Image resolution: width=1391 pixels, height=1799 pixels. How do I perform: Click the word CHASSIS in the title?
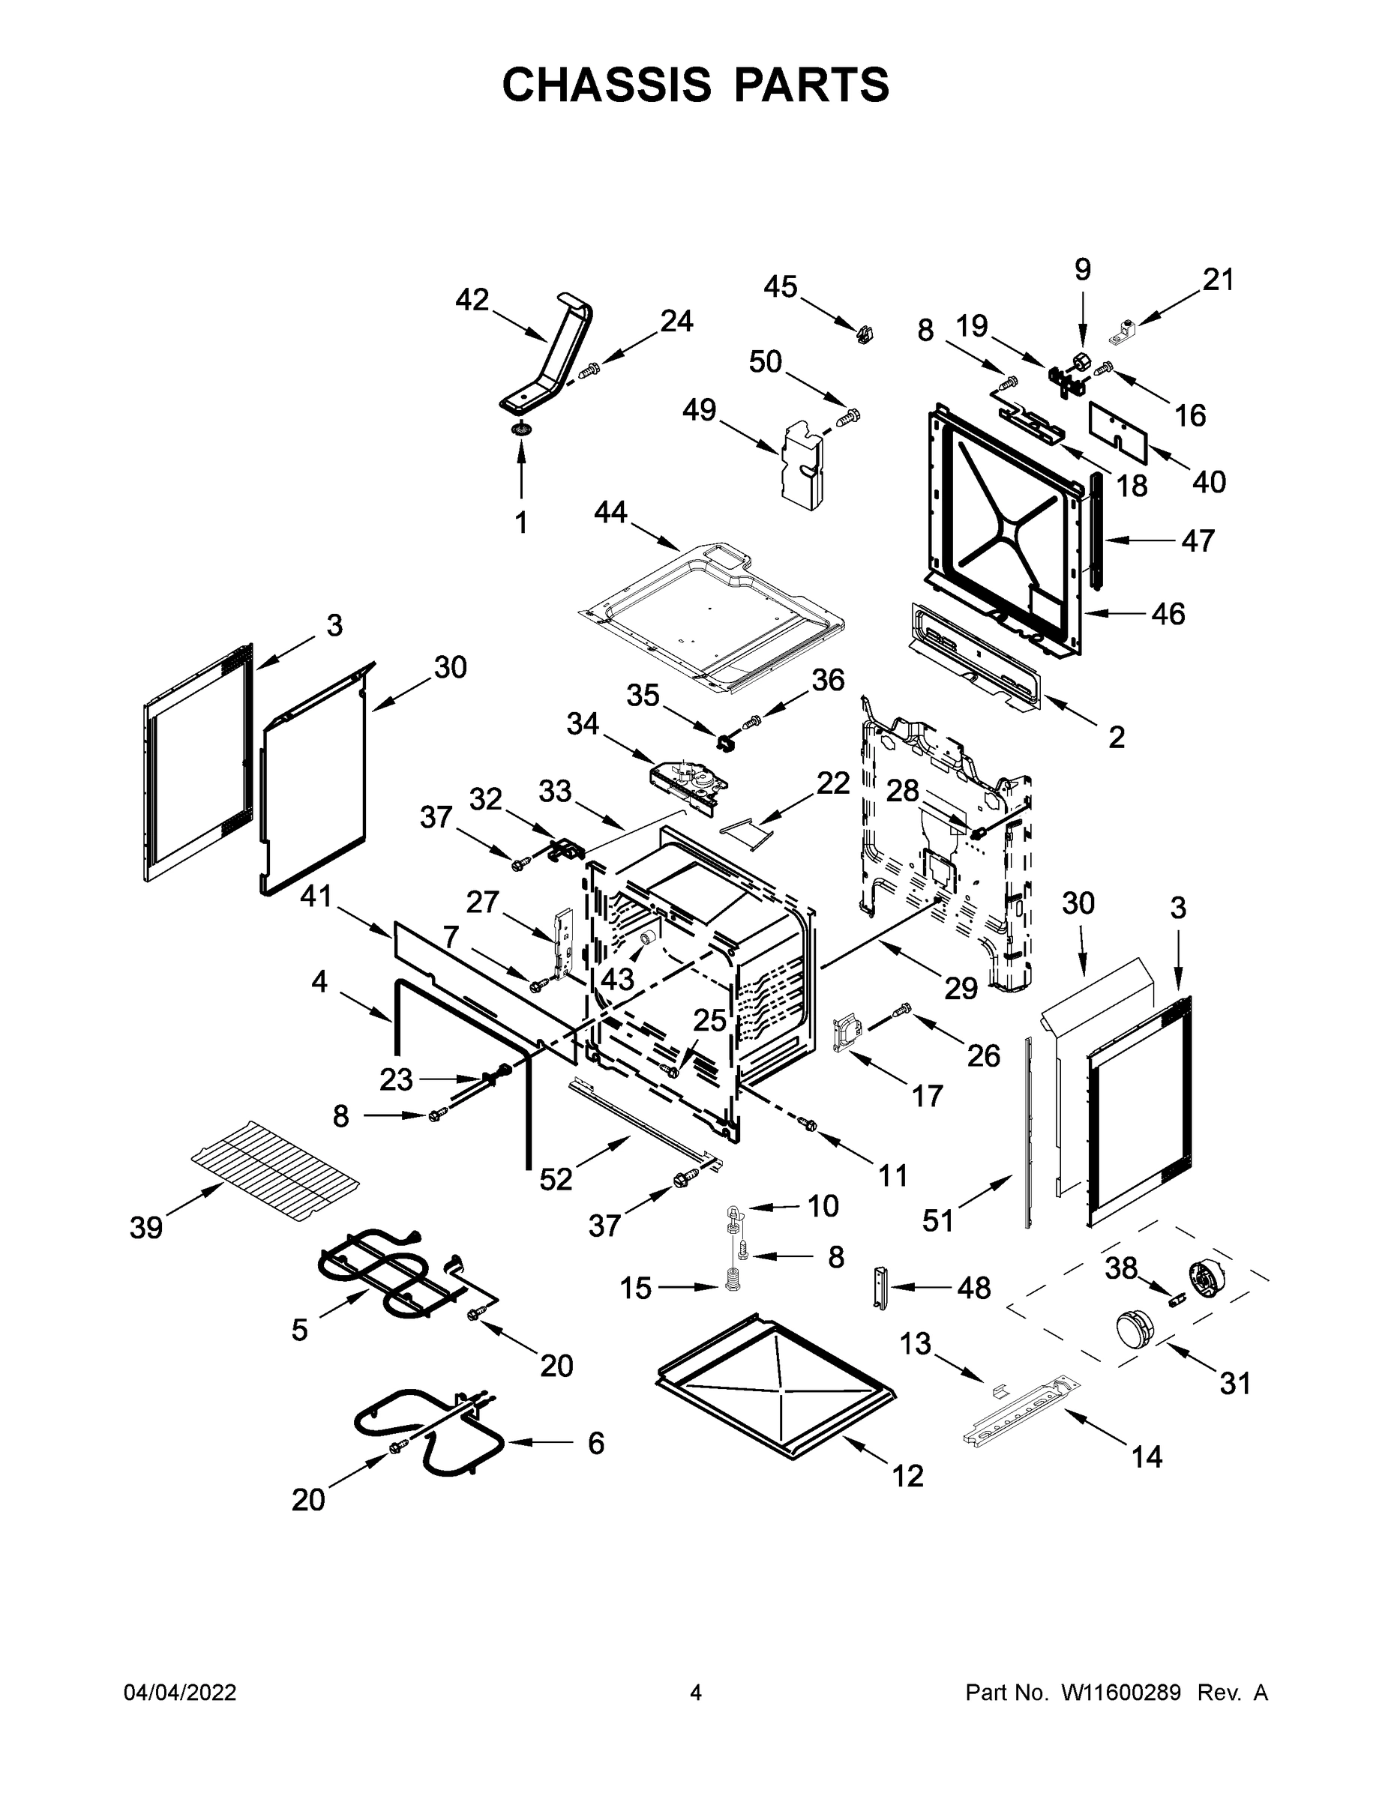607,85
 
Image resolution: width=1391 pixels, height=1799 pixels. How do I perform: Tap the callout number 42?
472,300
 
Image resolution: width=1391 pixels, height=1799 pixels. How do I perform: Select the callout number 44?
610,513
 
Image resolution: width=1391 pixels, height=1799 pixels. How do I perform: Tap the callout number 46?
1168,614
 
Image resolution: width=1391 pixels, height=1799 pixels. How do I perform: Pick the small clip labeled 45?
864,334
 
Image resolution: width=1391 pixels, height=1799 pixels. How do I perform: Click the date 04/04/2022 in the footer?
180,1692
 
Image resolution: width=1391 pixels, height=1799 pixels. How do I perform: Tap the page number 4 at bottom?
696,1692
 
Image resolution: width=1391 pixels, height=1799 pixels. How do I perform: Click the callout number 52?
556,1180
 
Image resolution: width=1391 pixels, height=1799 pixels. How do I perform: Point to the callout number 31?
1235,1383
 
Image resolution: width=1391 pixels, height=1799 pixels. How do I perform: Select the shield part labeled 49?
802,465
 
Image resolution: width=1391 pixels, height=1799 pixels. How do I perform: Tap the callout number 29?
960,988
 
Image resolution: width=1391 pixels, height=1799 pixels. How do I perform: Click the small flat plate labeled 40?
1118,430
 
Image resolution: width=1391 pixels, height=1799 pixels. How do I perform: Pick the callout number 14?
1147,1457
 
